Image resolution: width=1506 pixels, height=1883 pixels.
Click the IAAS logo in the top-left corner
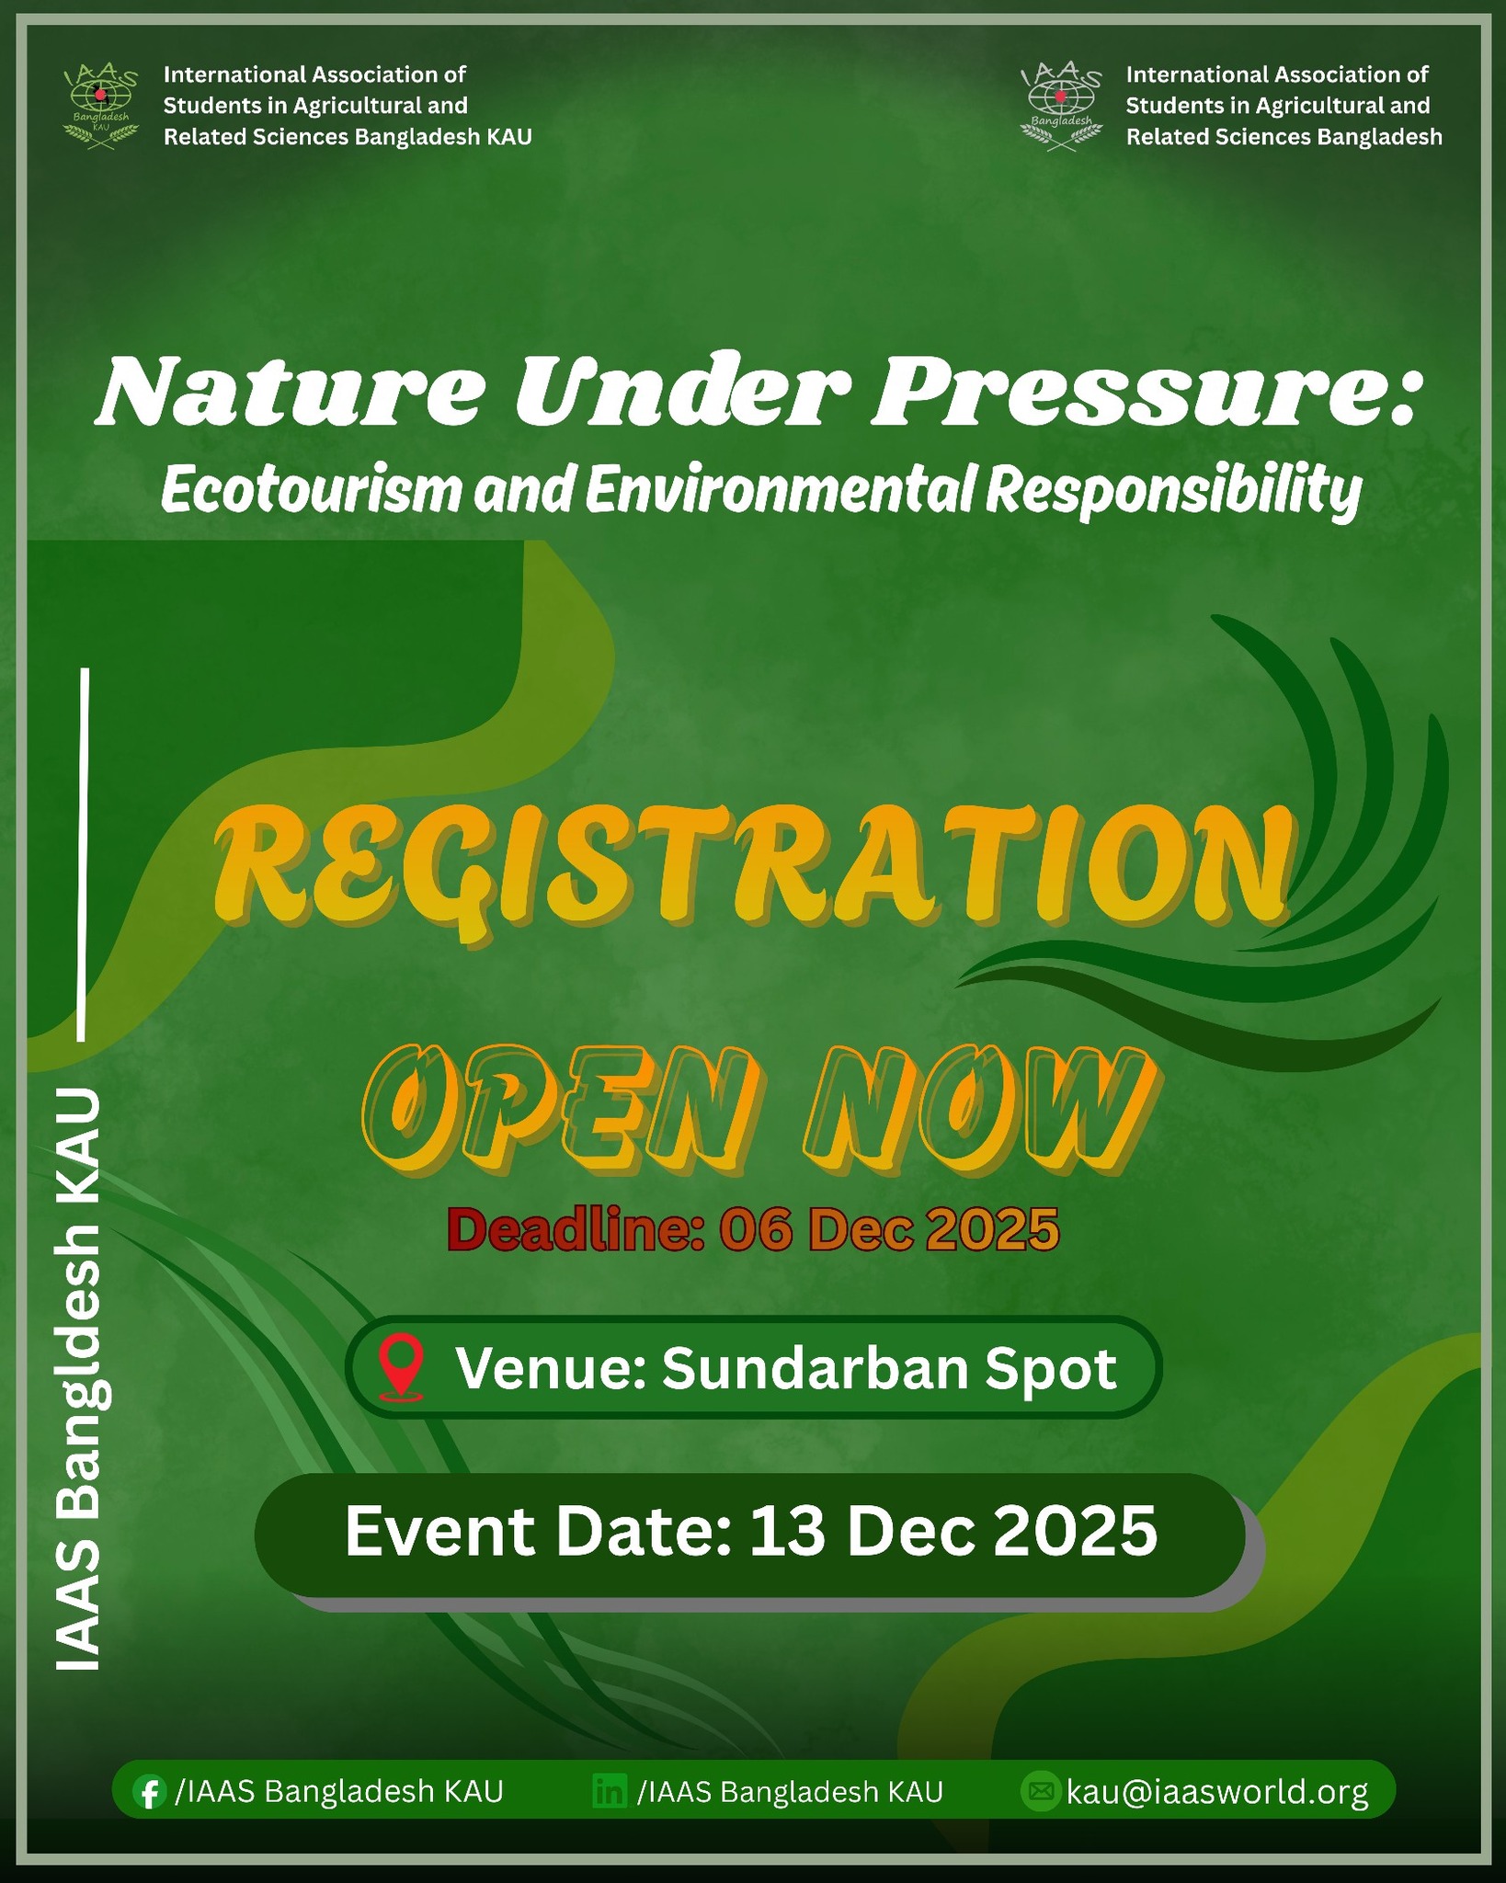101,107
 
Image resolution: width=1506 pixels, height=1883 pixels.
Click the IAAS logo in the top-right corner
1062,107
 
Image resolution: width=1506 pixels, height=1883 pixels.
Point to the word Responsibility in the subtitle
1173,491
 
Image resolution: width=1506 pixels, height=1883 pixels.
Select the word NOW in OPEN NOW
979,1111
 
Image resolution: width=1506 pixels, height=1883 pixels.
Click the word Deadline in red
576,1229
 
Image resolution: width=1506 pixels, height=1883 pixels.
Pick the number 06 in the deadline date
754,1230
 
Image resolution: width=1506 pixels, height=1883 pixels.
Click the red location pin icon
402,1368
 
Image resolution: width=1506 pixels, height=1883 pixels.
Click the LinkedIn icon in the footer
610,1792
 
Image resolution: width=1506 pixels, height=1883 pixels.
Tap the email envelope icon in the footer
1040,1792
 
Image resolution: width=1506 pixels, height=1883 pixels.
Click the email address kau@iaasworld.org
1217,1792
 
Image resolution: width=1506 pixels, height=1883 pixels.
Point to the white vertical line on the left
84,854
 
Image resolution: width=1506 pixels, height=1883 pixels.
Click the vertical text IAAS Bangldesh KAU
79,1378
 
